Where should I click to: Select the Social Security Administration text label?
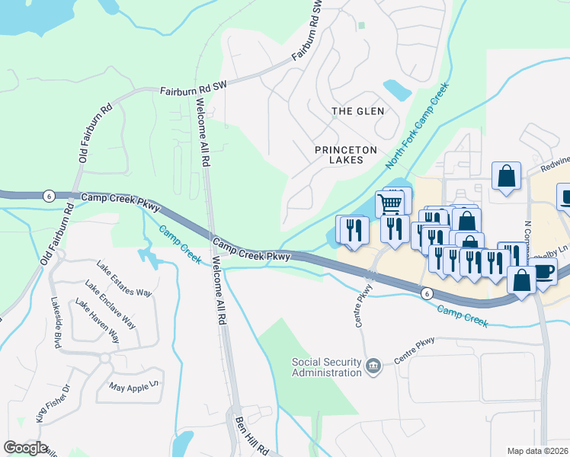[x=326, y=367]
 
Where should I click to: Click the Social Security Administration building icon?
[x=373, y=367]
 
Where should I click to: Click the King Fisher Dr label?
[x=53, y=403]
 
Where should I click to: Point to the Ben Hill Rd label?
[x=251, y=435]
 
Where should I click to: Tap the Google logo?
[x=25, y=448]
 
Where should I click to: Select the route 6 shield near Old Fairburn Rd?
[x=48, y=195]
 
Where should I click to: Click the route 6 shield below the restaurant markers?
[x=427, y=292]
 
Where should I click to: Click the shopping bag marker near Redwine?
[x=505, y=177]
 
